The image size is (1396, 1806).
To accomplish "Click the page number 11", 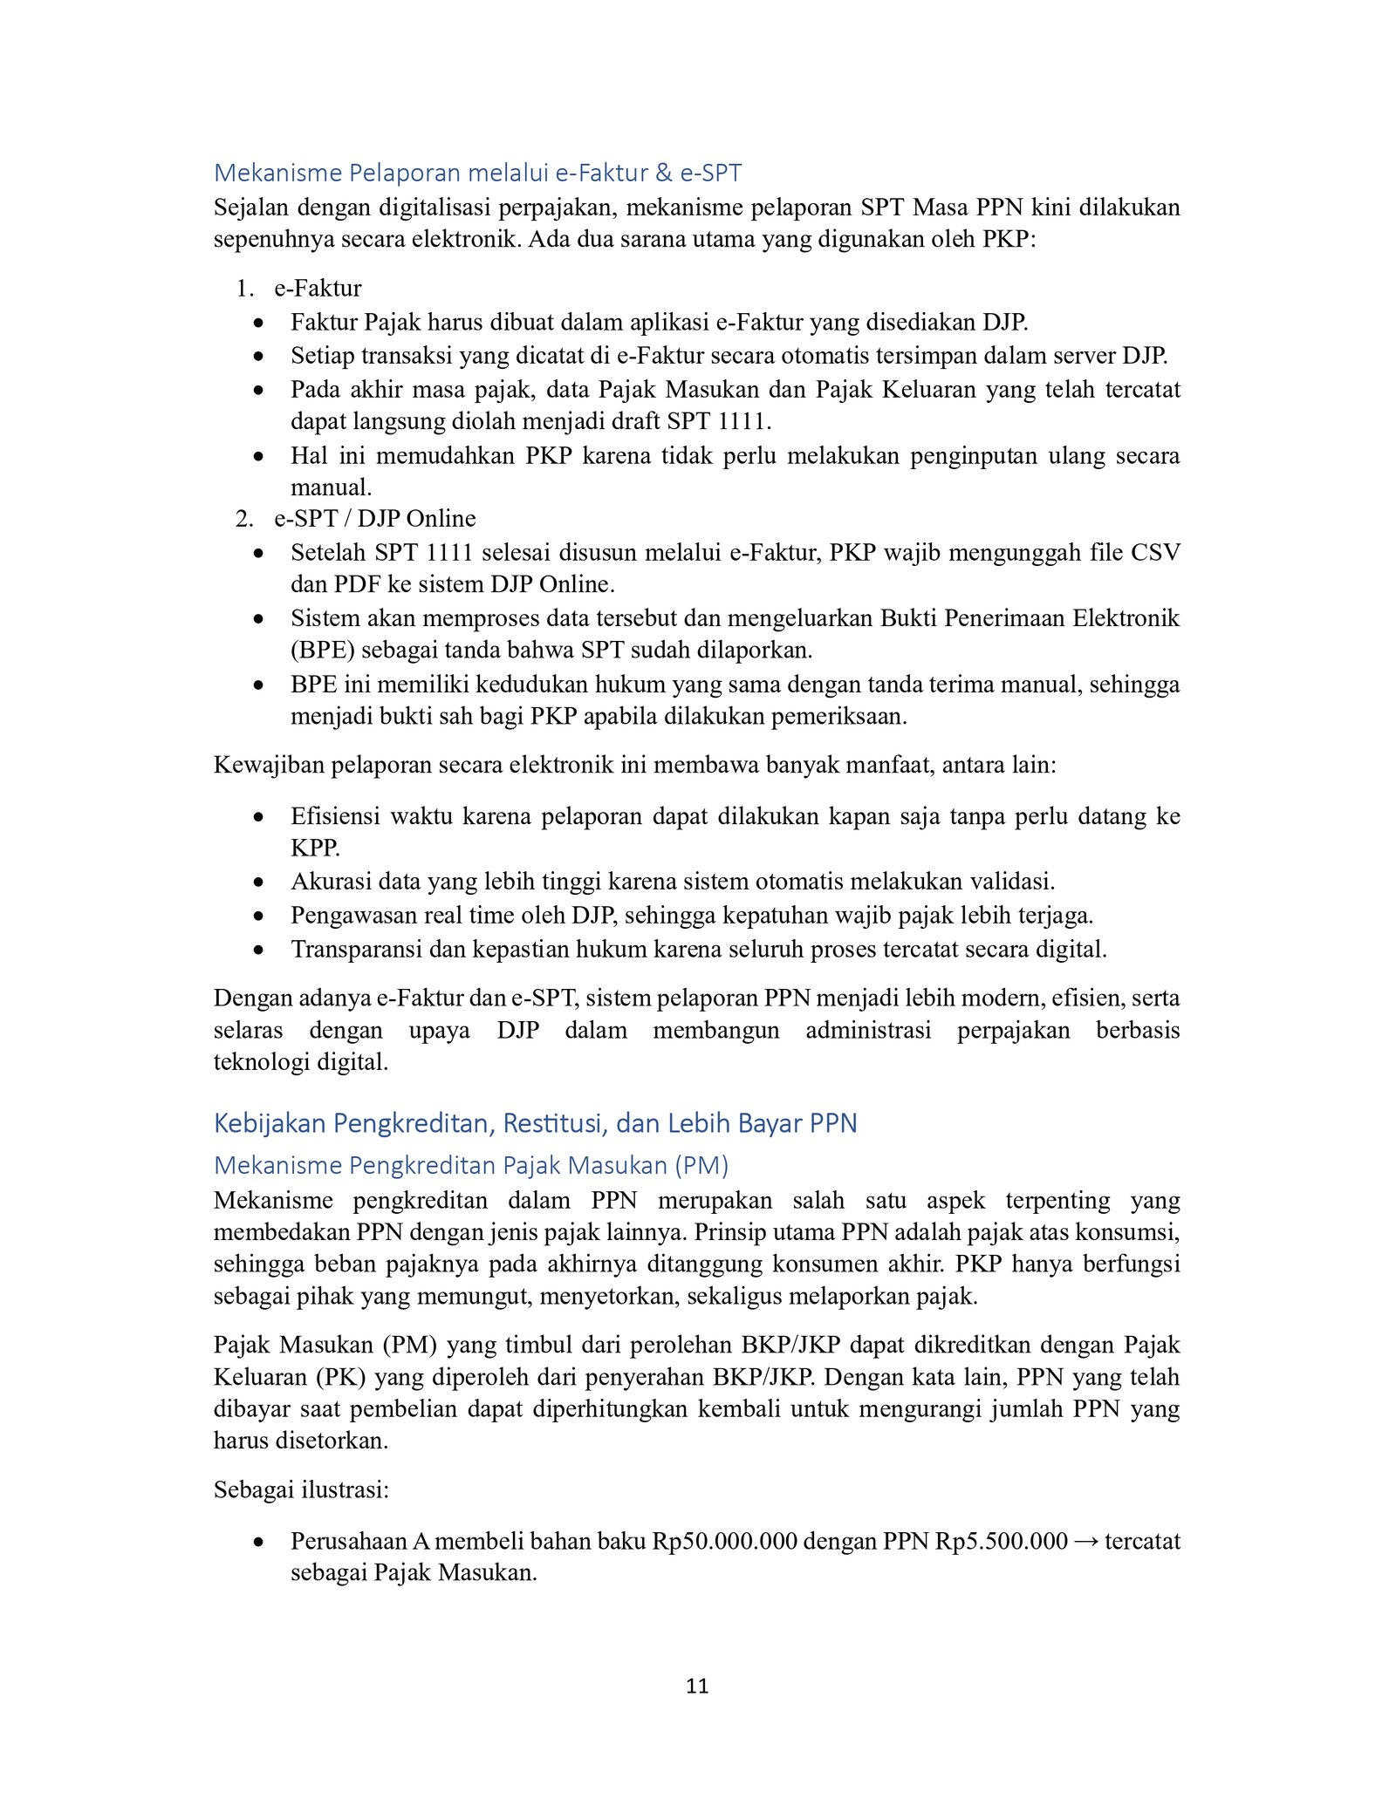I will coord(697,1686).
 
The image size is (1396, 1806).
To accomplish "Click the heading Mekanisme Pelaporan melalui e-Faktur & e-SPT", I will coord(477,173).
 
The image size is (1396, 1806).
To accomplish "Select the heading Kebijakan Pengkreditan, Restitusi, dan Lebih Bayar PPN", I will coord(535,1122).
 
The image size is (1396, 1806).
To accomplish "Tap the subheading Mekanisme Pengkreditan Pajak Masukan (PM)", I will coord(471,1165).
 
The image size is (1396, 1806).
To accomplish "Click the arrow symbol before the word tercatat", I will coord(1085,1541).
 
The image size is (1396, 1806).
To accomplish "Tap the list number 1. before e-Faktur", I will coord(244,289).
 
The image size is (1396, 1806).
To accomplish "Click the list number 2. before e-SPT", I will coord(244,519).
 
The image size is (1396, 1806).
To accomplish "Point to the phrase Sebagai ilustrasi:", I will coord(301,1489).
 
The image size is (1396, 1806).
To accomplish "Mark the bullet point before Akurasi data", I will coord(258,883).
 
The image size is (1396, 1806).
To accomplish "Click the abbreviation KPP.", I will coord(314,848).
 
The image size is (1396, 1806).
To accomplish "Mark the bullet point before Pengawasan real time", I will coord(258,916).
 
